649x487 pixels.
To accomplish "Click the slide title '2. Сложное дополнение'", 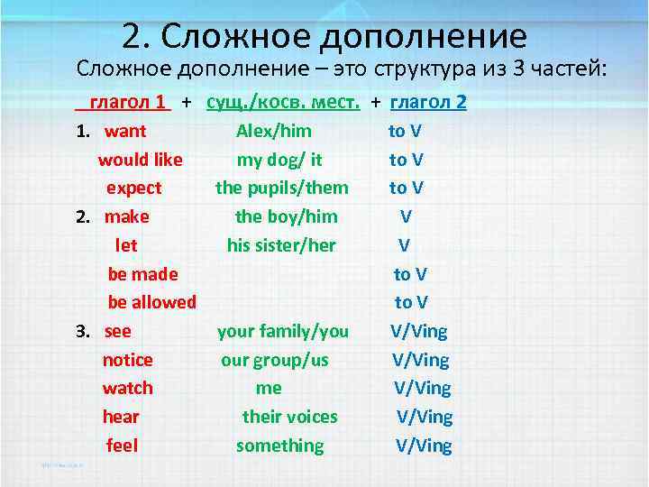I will (324, 35).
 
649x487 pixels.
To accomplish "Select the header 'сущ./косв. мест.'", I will (283, 102).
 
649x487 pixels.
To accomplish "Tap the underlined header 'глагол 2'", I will (428, 102).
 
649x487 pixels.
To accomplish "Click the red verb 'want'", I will (125, 131).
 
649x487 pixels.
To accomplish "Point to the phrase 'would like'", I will (140, 160).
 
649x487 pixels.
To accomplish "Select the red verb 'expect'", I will (133, 188).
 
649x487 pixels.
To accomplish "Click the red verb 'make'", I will (127, 216).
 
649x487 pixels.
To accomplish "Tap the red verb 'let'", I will (126, 245).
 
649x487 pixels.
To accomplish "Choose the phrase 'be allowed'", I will (151, 302).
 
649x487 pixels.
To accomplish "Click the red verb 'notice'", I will (127, 360).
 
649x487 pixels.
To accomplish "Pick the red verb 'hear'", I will (121, 417).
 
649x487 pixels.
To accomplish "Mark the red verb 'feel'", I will (122, 446).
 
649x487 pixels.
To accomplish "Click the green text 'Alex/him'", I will (274, 131).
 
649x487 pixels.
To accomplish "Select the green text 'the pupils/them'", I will (281, 188).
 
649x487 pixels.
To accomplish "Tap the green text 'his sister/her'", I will (281, 245).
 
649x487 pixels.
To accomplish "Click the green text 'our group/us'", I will (275, 360).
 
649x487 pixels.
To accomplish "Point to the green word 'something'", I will (279, 446).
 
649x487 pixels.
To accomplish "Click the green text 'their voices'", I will (289, 417).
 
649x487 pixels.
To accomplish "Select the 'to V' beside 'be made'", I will (410, 274).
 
